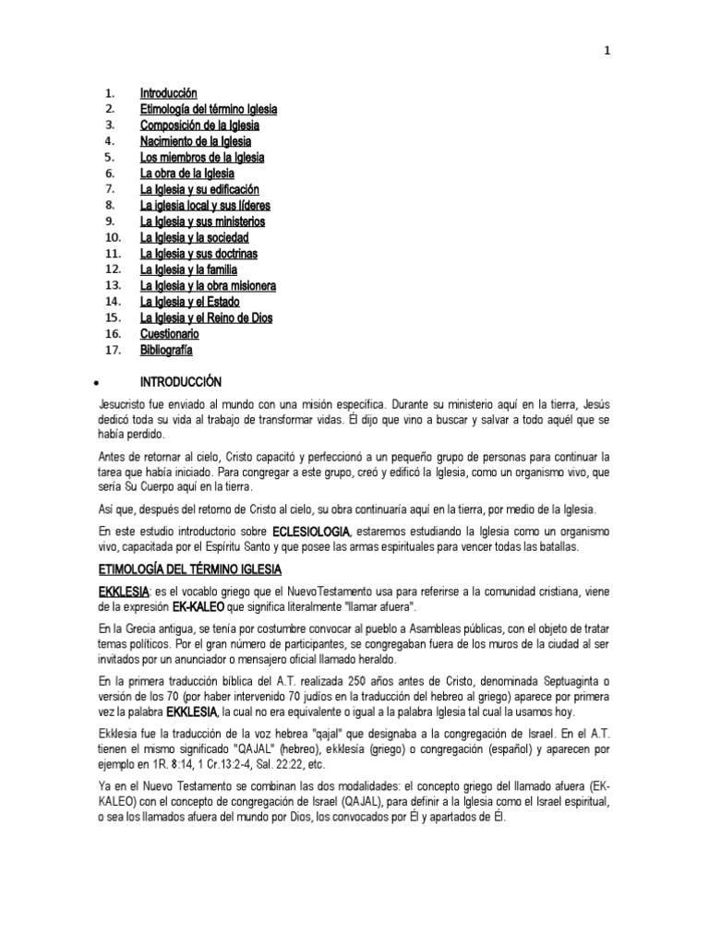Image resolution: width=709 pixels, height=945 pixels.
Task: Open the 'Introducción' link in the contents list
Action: point(169,93)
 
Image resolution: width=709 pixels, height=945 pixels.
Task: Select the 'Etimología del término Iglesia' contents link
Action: point(209,109)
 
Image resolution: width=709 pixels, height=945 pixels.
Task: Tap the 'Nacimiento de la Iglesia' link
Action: point(196,141)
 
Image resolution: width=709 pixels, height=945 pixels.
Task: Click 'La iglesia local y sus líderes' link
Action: point(205,205)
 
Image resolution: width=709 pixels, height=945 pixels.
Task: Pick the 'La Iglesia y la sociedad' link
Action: point(195,237)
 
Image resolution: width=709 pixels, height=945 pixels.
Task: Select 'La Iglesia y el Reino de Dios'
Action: point(206,317)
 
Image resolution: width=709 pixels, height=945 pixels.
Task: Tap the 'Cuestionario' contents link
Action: point(170,333)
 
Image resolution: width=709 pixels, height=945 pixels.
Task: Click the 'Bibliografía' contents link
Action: point(167,350)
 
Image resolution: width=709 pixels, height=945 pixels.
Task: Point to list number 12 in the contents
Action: point(114,269)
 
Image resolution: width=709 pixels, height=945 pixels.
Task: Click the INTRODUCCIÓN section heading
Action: point(181,381)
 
